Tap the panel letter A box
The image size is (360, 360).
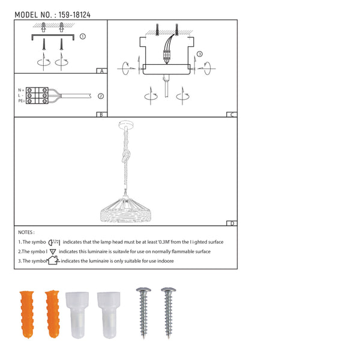click(102, 71)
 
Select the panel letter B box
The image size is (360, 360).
click(102, 114)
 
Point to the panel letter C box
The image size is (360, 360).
click(232, 114)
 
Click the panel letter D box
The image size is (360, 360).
click(232, 224)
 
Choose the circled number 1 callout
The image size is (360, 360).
click(82, 36)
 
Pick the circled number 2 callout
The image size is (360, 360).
click(100, 95)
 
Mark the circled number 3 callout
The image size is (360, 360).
click(199, 54)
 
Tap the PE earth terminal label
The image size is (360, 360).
click(21, 101)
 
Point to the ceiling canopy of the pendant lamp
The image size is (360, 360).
click(127, 125)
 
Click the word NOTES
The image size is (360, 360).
click(26, 232)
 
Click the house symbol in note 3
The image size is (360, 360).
click(54, 260)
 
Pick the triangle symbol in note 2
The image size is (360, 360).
click(53, 251)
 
